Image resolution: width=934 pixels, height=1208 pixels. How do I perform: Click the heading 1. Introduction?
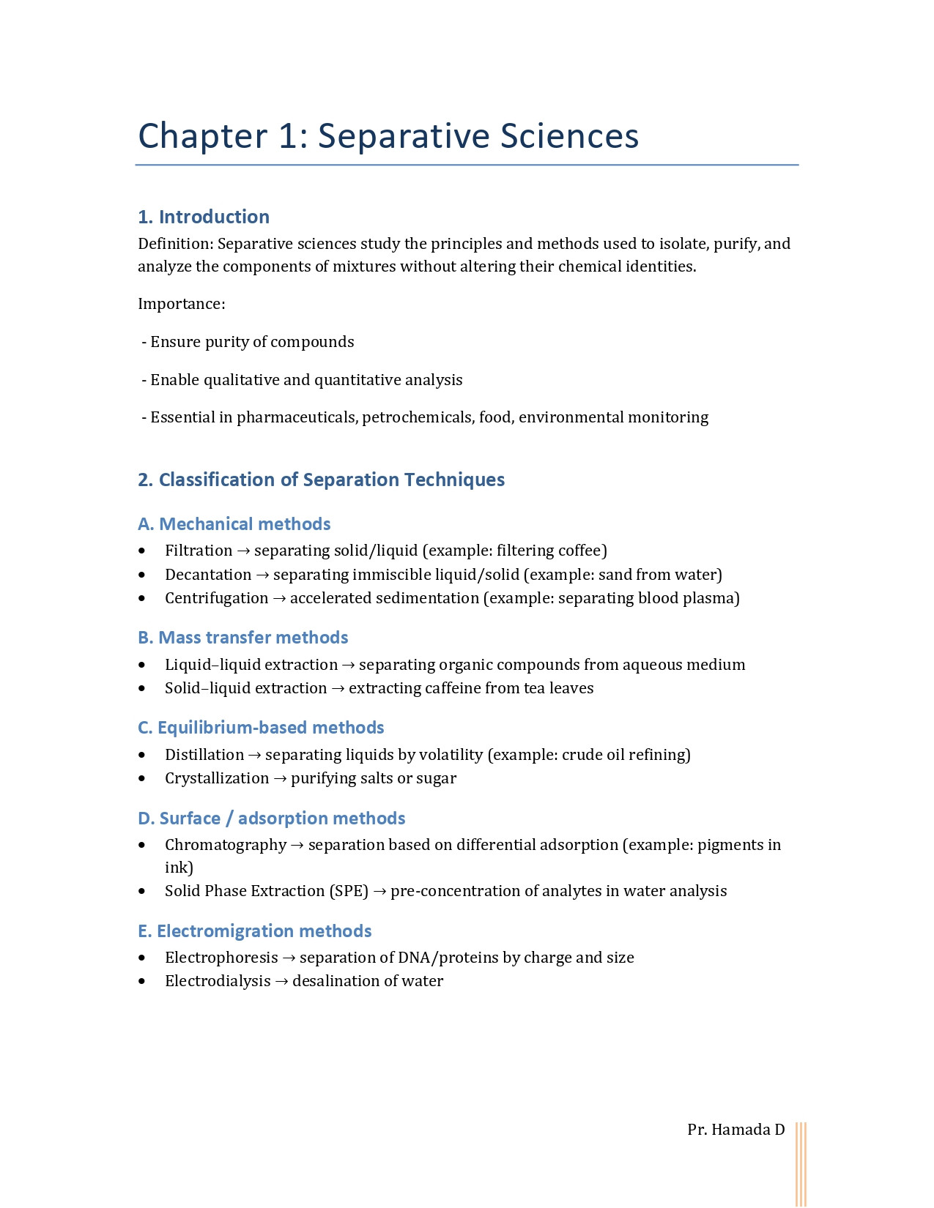pyautogui.click(x=204, y=217)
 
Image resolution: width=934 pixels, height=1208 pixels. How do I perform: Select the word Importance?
pyautogui.click(x=180, y=304)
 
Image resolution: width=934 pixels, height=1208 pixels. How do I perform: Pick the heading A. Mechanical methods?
pyautogui.click(x=234, y=524)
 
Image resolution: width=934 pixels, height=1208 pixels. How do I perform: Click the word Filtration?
pyautogui.click(x=199, y=551)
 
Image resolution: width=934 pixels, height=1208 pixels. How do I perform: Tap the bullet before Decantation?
pyautogui.click(x=142, y=575)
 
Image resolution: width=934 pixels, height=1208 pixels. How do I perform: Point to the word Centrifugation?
pyautogui.click(x=216, y=598)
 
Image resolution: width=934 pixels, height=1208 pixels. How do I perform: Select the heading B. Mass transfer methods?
pyautogui.click(x=242, y=638)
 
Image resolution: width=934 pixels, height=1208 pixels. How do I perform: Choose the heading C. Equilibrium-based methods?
pyautogui.click(x=260, y=728)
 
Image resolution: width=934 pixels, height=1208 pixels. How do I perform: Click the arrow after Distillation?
pyautogui.click(x=254, y=755)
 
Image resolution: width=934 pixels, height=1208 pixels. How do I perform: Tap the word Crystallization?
pyautogui.click(x=217, y=778)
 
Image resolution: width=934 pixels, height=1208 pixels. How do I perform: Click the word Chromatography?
pyautogui.click(x=226, y=845)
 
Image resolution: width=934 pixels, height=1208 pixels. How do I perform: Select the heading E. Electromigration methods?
pyautogui.click(x=254, y=931)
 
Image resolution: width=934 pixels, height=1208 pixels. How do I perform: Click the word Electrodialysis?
pyautogui.click(x=218, y=981)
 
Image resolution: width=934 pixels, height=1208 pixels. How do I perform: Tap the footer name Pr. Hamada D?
pyautogui.click(x=735, y=1130)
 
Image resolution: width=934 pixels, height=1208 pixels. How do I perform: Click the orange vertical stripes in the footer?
pyautogui.click(x=801, y=1164)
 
